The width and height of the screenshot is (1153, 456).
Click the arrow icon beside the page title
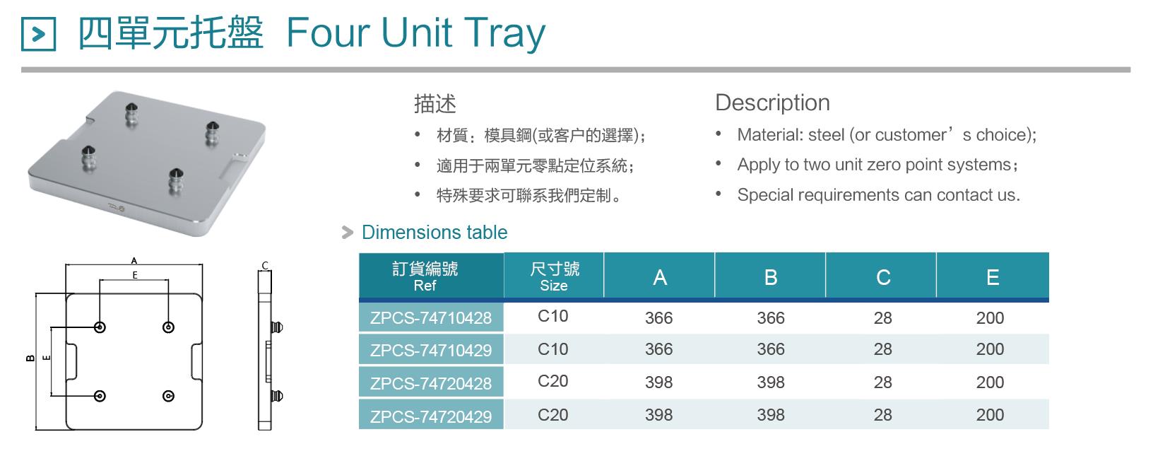(38, 34)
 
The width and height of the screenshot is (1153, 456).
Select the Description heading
(772, 103)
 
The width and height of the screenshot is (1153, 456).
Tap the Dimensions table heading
(434, 233)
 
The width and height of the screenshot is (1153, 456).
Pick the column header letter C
(883, 278)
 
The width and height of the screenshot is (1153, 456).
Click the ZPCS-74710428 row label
(431, 318)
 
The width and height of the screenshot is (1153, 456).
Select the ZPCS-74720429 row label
(431, 416)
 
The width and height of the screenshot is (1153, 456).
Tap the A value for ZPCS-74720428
(659, 382)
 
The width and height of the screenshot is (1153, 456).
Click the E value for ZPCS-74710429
(990, 349)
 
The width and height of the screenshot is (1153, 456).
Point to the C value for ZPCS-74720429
(883, 415)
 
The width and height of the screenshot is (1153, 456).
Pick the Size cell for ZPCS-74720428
(552, 381)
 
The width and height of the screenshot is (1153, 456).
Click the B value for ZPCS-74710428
(771, 318)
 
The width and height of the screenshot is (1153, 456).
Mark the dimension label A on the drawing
(134, 261)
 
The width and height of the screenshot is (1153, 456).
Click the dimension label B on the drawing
(30, 358)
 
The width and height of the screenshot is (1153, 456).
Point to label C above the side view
(264, 266)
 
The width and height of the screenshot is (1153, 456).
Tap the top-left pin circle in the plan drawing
(100, 327)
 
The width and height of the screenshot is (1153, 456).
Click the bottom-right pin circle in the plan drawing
(168, 396)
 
